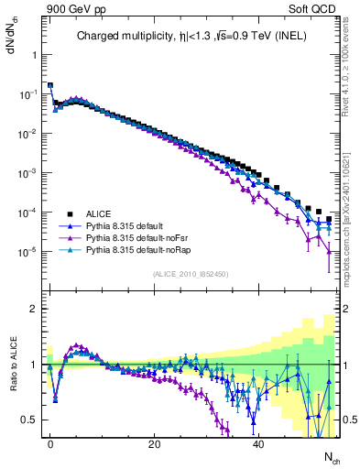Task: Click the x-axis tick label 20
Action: (x=155, y=443)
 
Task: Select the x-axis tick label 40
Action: (x=259, y=443)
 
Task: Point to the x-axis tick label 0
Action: (x=50, y=443)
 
